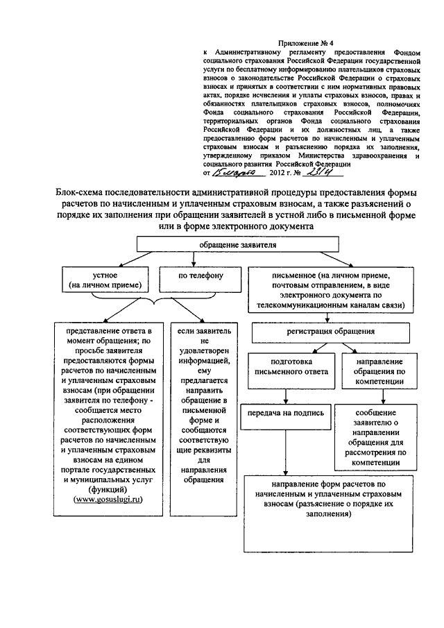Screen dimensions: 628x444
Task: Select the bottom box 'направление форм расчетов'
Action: [328, 512]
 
